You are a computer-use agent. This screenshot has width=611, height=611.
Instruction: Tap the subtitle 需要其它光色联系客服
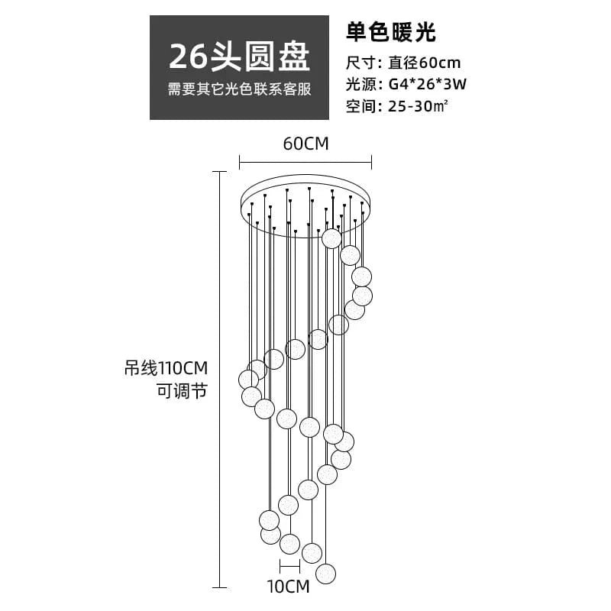[x=239, y=89]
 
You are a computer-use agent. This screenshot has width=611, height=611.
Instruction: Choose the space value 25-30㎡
[x=418, y=106]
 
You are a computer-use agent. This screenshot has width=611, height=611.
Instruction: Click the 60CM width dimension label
[x=305, y=144]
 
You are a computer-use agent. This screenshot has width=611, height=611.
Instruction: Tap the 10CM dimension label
[x=288, y=587]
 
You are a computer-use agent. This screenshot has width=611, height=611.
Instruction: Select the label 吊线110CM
[x=166, y=368]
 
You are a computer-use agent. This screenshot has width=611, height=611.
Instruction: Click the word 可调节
[x=182, y=390]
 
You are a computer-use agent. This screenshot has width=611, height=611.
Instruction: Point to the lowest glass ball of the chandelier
[x=326, y=573]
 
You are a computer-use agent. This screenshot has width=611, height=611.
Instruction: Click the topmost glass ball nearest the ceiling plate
[x=331, y=238]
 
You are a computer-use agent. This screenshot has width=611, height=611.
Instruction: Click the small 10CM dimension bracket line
[x=289, y=566]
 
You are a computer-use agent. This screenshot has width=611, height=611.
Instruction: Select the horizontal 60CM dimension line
[x=305, y=161]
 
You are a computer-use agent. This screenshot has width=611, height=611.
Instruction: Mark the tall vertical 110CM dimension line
[x=220, y=382]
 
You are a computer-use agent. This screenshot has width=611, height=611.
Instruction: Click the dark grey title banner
[x=239, y=67]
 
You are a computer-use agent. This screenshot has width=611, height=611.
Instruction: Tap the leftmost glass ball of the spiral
[x=248, y=379]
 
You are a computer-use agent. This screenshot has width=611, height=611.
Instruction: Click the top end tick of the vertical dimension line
[x=220, y=173]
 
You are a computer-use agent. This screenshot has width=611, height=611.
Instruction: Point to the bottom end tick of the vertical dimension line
[x=220, y=587]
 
